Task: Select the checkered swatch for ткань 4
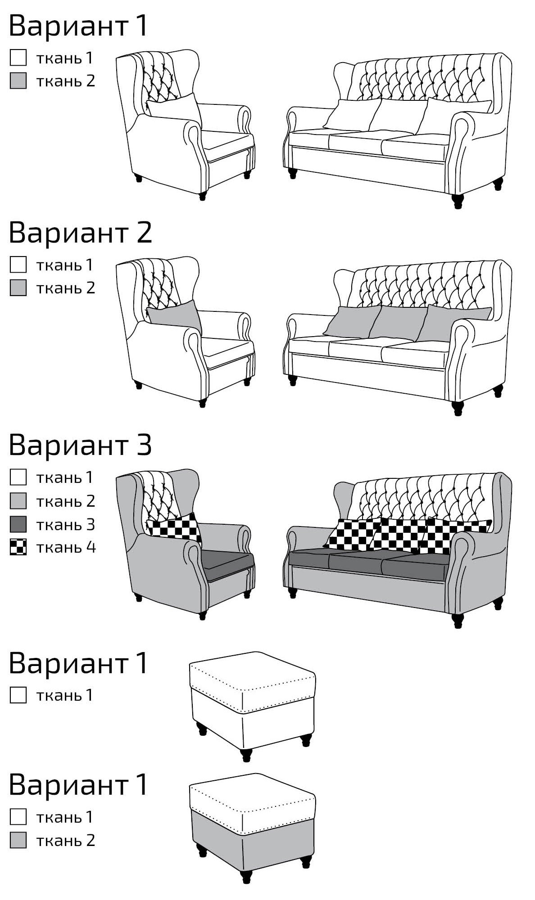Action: pyautogui.click(x=18, y=547)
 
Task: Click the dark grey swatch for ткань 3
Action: pyautogui.click(x=18, y=524)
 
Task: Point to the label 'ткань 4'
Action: pyautogui.click(x=66, y=547)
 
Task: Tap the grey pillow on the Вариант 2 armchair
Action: pyautogui.click(x=175, y=316)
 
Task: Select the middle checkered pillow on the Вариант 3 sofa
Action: pyautogui.click(x=398, y=534)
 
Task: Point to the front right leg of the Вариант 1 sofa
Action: pyautogui.click(x=458, y=201)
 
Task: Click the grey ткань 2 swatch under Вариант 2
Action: pyautogui.click(x=18, y=288)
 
